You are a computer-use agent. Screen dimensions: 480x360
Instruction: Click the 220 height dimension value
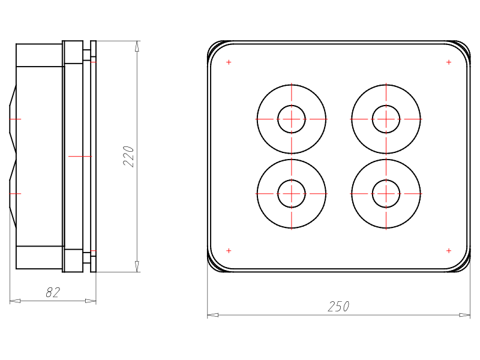tap(129, 157)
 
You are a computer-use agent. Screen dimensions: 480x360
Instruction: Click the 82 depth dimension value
tap(53, 292)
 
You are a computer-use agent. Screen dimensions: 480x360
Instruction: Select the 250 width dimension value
tap(338, 307)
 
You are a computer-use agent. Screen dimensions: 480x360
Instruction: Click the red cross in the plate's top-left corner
tap(229, 62)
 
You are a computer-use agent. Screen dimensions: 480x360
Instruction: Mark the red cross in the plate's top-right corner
tap(449, 62)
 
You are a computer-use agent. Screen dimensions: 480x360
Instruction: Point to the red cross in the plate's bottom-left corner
tap(229, 251)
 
